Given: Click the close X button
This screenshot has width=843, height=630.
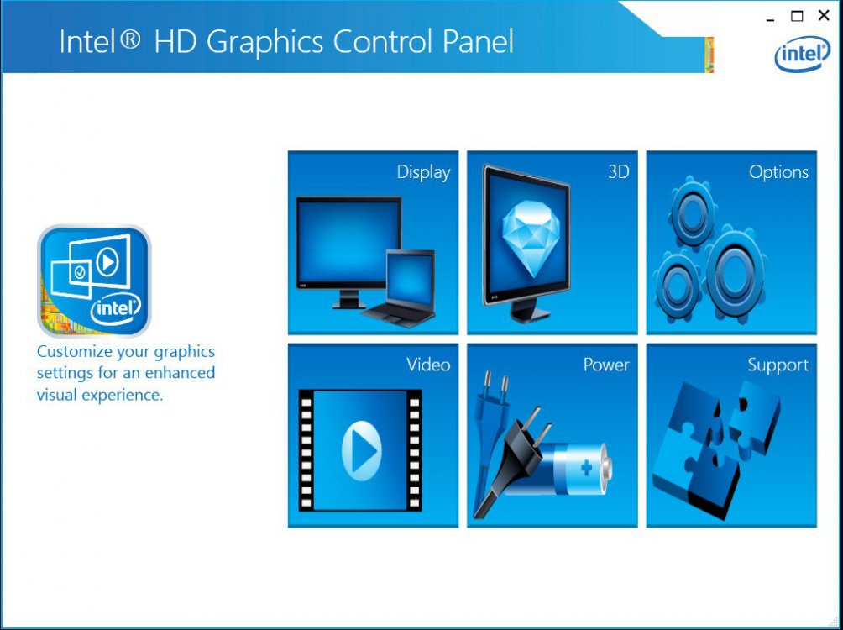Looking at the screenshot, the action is coord(823,16).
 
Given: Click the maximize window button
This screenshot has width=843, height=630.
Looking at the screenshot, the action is coord(797,16).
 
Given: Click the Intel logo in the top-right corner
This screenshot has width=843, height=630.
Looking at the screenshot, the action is coord(802,53).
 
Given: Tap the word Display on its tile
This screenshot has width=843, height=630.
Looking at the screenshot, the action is coord(423,172).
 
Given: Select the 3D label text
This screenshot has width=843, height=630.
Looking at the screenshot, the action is coord(618,172).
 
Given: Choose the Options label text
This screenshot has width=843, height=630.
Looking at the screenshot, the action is coord(778,172).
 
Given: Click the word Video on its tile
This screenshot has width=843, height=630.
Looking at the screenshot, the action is coord(428,365).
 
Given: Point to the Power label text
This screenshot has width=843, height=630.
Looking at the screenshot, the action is coord(606,365).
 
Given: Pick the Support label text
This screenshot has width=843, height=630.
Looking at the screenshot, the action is coord(778,365).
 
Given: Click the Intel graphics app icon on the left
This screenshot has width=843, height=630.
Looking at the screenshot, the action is coord(94,281).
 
